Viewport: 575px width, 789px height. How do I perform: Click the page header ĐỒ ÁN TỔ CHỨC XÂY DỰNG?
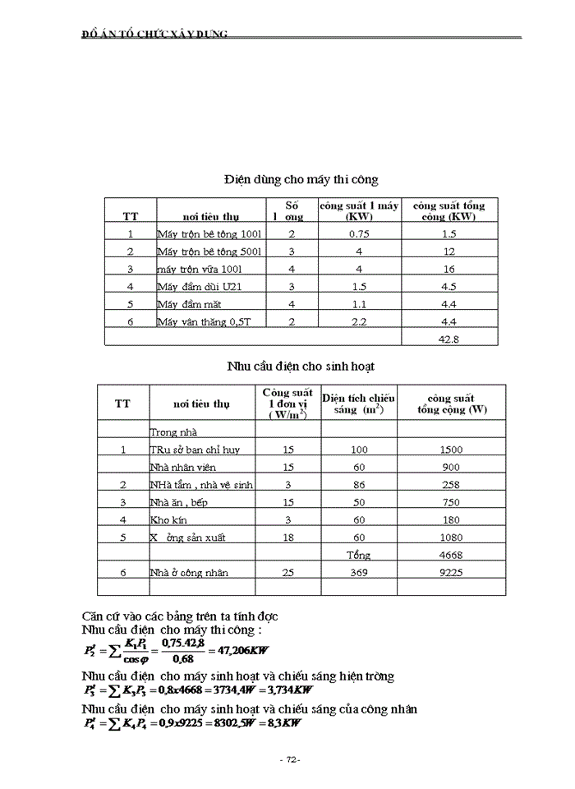point(155,34)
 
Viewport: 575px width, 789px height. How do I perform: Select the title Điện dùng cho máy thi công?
point(301,178)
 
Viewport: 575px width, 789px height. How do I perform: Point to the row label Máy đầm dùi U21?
point(200,286)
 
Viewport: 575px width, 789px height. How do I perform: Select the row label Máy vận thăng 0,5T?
point(203,321)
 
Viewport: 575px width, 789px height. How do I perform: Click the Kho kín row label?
point(169,519)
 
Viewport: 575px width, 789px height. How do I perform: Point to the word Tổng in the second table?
point(359,555)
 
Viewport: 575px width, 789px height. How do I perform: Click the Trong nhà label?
point(174,431)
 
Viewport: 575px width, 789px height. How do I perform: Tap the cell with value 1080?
point(451,538)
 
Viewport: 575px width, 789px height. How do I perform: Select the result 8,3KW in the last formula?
point(284,723)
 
